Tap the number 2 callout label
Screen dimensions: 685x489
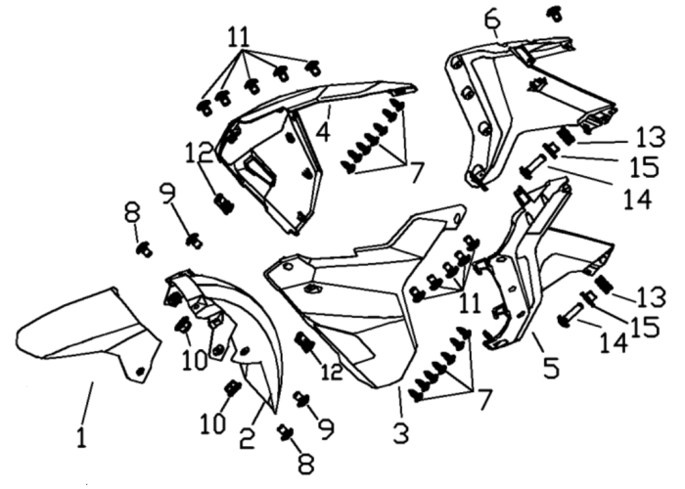[248, 438]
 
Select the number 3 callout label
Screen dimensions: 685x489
[401, 432]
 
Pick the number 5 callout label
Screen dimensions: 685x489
[551, 367]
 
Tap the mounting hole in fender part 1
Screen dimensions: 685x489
[140, 372]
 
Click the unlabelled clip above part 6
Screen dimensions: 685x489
[556, 15]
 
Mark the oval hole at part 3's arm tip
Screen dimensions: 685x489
[455, 218]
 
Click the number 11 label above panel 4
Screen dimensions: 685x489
[239, 37]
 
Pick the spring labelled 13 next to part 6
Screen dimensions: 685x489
[567, 136]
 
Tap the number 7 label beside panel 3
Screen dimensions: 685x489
[482, 399]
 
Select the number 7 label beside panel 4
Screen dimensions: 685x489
[416, 172]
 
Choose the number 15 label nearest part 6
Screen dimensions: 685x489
[644, 166]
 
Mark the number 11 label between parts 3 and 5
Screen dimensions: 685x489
[470, 302]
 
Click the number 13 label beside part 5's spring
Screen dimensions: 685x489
[651, 297]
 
